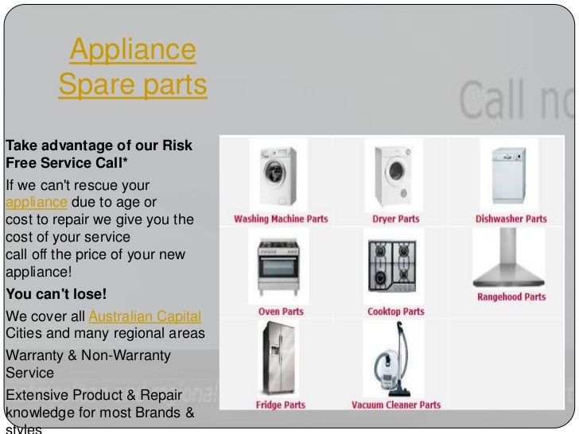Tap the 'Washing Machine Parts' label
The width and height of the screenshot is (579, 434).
280,219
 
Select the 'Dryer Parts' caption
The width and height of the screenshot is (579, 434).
395,219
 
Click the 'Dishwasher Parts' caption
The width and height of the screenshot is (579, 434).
511,219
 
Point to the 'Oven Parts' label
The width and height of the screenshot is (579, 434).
281,312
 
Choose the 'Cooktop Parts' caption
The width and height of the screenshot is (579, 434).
395,312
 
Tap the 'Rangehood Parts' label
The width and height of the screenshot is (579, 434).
511,297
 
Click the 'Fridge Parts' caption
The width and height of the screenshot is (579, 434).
280,405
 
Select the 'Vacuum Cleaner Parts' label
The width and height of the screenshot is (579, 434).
395,405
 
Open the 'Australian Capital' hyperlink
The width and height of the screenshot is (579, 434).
145,316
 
